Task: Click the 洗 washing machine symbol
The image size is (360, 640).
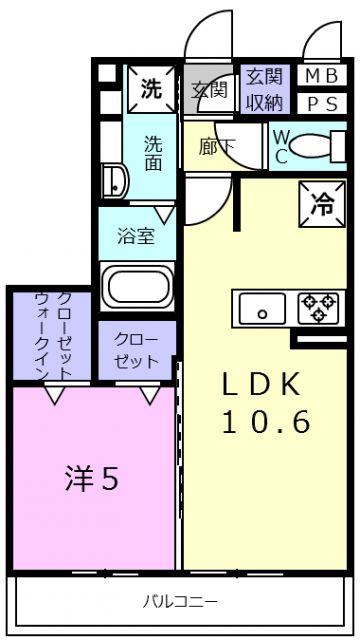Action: pos(151,88)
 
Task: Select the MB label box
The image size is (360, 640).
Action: pos(321,76)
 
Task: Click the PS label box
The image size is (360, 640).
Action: pos(321,102)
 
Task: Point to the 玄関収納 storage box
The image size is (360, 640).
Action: pos(264,89)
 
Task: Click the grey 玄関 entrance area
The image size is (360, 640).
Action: pos(210,89)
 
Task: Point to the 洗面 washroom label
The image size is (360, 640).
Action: pos(153,152)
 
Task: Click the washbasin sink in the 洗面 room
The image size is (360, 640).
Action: pos(115,182)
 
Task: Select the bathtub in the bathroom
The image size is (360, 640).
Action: pos(139,284)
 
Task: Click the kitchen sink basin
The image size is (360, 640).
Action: pos(264,308)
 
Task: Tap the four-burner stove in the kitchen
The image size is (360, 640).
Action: pos(319,307)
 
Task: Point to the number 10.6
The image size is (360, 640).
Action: pos(266,422)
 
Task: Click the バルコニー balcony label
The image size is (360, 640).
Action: pos(179,601)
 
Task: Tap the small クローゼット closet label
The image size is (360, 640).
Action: pos(136,350)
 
